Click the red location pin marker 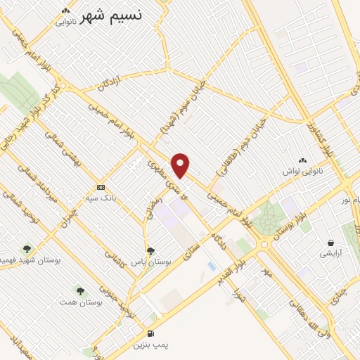(181, 165)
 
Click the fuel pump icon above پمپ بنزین (150, 333)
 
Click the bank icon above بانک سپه (101, 187)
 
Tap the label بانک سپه (103, 199)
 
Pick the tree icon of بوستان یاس (150, 250)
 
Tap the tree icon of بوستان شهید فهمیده (27, 248)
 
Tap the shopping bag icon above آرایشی (330, 243)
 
